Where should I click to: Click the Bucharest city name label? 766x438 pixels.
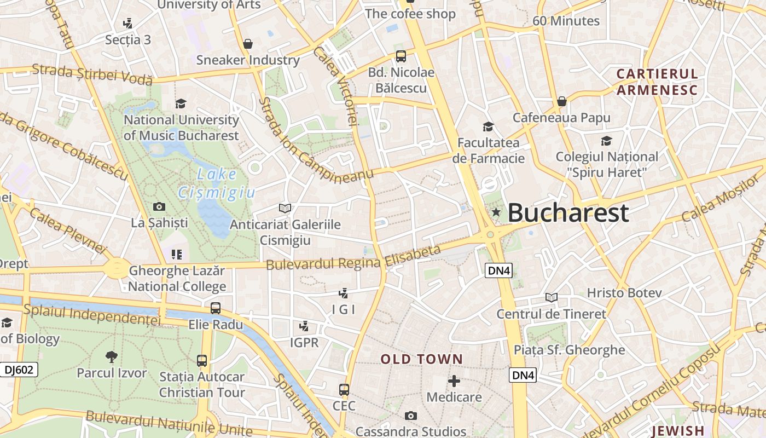(x=568, y=213)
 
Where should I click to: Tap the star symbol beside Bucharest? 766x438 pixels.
(x=496, y=212)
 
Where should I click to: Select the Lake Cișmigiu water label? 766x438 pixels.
(x=217, y=183)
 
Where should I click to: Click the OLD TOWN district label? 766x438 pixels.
(x=422, y=359)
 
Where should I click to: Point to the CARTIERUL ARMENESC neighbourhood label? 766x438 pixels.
(x=657, y=82)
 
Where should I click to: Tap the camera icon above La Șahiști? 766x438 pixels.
(x=159, y=206)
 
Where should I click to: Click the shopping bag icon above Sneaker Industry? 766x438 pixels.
(x=248, y=44)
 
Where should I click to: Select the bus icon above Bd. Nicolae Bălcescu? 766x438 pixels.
(x=401, y=56)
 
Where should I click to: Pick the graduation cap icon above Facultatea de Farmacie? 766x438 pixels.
(x=488, y=127)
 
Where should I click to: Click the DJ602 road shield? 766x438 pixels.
(x=19, y=370)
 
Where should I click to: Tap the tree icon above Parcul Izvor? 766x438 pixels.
(x=112, y=357)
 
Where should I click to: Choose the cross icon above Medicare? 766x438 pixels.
(x=454, y=381)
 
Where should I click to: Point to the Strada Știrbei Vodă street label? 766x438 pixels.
(x=92, y=74)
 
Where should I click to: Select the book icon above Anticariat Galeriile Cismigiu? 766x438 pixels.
(x=285, y=208)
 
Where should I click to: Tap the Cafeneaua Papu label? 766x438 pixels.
(x=561, y=117)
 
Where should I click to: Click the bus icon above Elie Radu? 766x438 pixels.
(x=216, y=308)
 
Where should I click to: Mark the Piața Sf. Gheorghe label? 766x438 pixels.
(x=569, y=350)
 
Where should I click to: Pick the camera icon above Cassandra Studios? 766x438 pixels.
(x=411, y=416)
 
